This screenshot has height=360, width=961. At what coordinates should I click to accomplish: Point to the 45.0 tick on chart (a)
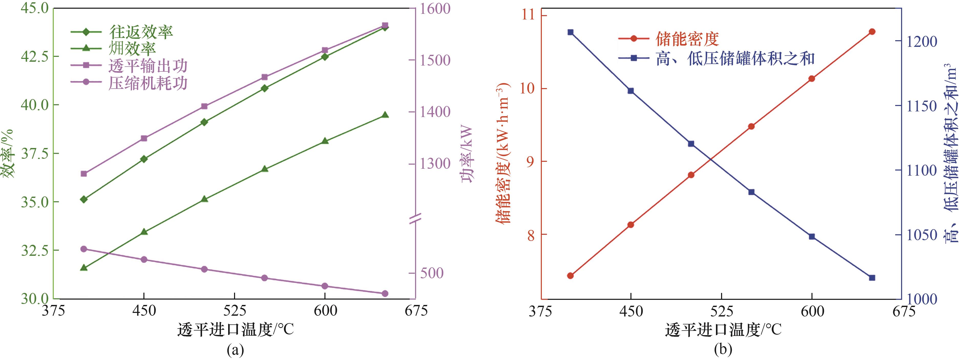coord(34,8)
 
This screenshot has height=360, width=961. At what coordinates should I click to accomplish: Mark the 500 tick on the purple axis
coord(432,273)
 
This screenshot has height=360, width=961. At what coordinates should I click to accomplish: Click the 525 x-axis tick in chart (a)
coord(234,310)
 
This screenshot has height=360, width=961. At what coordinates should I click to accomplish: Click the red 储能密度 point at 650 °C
coord(872,32)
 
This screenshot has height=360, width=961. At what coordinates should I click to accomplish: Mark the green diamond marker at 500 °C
coord(204,122)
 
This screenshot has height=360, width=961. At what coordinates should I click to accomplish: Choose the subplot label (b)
coord(723,350)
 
